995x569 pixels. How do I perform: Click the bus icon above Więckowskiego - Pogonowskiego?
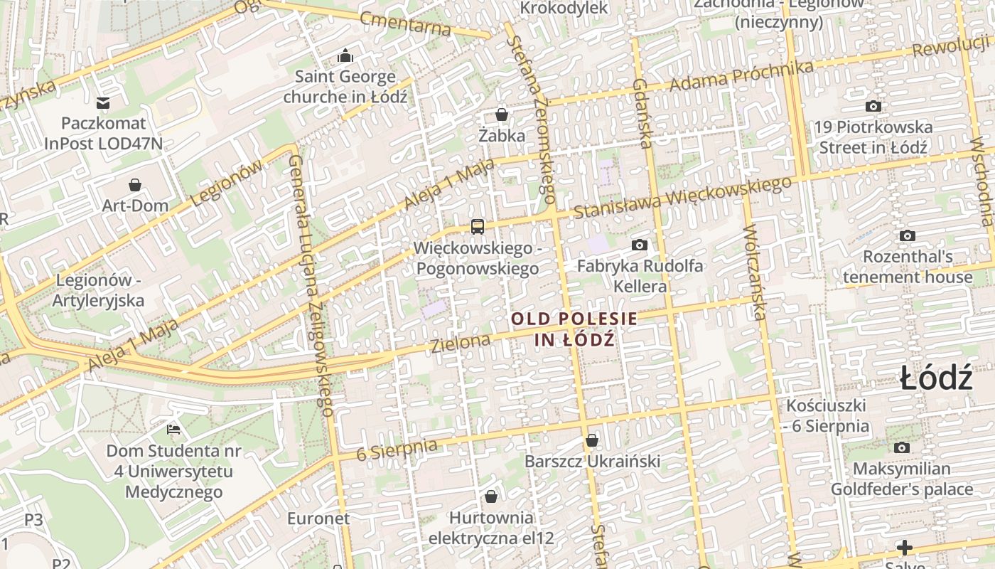coord(478,227)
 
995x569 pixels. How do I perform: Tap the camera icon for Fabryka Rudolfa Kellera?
coord(640,245)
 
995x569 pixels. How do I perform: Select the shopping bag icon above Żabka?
coord(502,115)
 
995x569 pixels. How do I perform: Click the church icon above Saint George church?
coord(345,55)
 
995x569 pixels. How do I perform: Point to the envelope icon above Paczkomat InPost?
coord(104,103)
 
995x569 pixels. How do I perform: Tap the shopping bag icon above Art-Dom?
coord(135,185)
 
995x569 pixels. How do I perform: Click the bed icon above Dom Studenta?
coord(173,429)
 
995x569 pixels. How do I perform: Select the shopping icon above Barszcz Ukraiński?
coord(592,440)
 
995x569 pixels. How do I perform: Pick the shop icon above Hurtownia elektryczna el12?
coord(490,496)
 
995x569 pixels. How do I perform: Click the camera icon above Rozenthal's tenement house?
coord(907,235)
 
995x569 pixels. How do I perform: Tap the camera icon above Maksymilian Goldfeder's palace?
coord(902,447)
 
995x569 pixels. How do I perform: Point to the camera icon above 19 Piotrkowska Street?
coord(873,106)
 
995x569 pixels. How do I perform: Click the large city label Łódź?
coord(935,378)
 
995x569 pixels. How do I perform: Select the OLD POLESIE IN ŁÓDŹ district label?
coord(574,329)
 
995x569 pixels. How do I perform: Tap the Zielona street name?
coord(461,344)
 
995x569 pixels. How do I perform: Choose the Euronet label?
coord(318,518)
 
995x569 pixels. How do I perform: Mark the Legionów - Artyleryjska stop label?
coord(99,290)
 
